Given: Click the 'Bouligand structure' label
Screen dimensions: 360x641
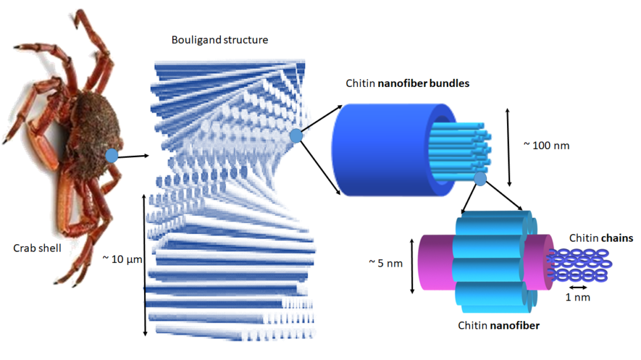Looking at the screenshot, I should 219,40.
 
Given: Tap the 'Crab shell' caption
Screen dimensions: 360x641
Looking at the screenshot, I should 38,248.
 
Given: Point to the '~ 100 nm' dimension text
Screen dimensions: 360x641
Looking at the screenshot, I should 546,146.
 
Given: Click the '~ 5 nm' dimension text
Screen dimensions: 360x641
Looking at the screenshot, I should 386,264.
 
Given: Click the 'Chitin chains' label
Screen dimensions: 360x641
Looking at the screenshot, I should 601,238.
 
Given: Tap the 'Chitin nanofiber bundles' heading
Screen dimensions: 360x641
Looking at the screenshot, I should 407,83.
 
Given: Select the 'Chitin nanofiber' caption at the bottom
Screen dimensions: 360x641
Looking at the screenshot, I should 499,326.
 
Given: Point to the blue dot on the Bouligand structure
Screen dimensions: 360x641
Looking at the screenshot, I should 297,136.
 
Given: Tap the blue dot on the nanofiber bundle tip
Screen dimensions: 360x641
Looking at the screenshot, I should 480,180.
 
